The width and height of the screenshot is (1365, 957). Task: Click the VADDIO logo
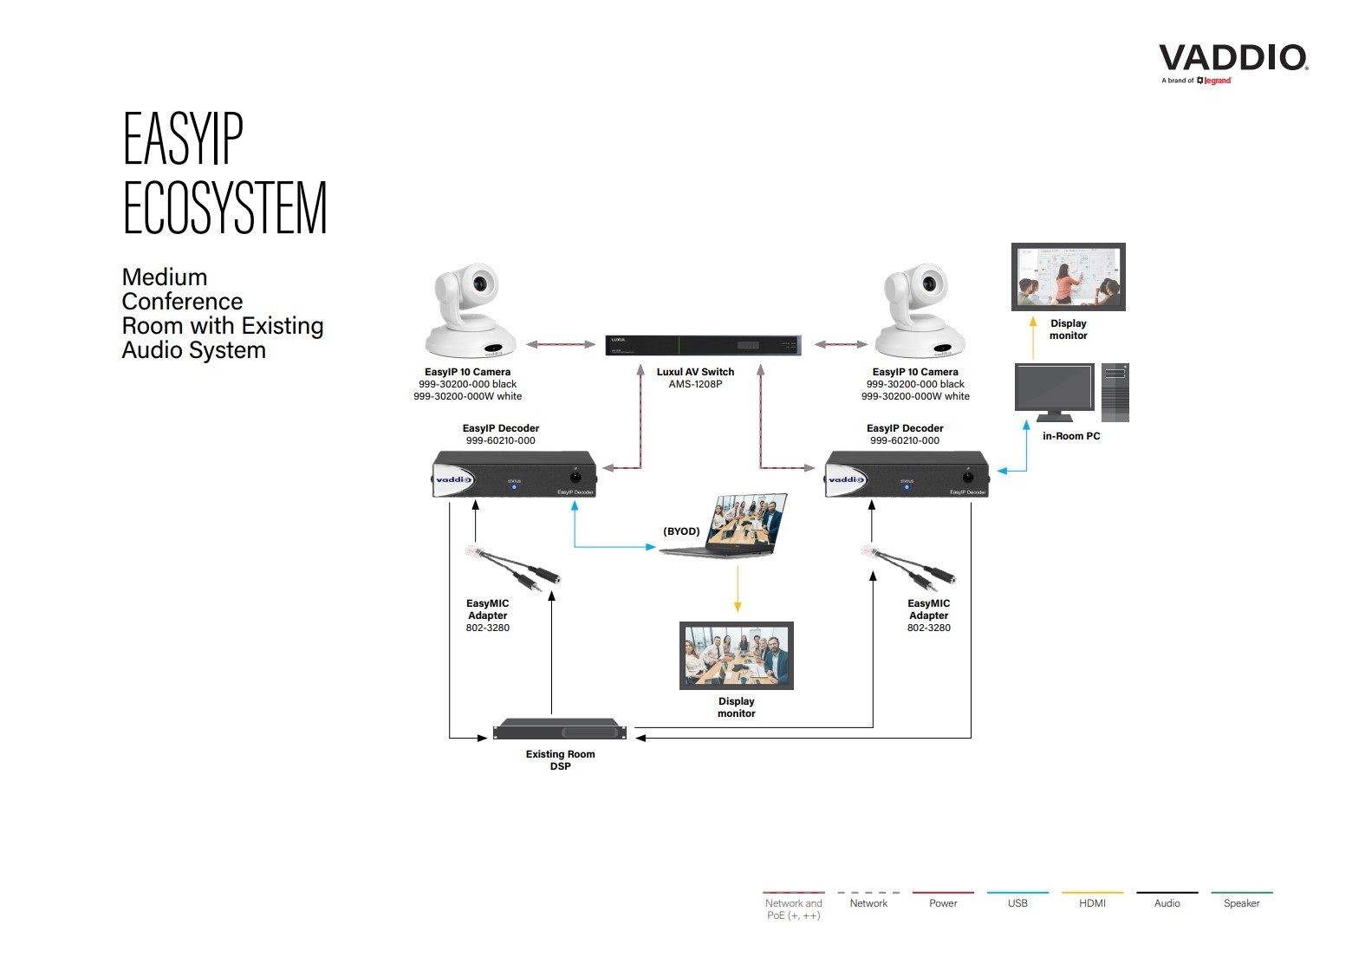coord(1232,59)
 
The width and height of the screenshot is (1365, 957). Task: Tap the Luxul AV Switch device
coord(702,345)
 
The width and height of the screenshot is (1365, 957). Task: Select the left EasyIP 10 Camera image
coord(471,311)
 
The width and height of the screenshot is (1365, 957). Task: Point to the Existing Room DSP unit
coord(560,729)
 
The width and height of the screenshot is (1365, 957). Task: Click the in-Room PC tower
coord(1115,393)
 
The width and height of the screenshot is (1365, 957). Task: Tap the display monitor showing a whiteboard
coord(1068,277)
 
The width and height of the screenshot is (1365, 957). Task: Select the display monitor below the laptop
coord(736,655)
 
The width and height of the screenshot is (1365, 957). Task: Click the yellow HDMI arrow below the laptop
coord(738,589)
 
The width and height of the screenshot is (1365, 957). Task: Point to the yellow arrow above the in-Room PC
coord(1032,338)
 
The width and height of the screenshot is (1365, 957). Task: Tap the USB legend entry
coord(1017,902)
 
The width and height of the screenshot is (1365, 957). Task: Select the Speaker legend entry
coord(1241,902)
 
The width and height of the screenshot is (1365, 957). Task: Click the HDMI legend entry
coord(1092,902)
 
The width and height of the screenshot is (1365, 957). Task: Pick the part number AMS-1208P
coord(695,384)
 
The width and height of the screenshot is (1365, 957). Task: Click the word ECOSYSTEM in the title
coord(225,208)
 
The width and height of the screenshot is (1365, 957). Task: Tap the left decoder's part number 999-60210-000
coord(501,440)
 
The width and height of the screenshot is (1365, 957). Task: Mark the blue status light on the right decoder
coord(907,487)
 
